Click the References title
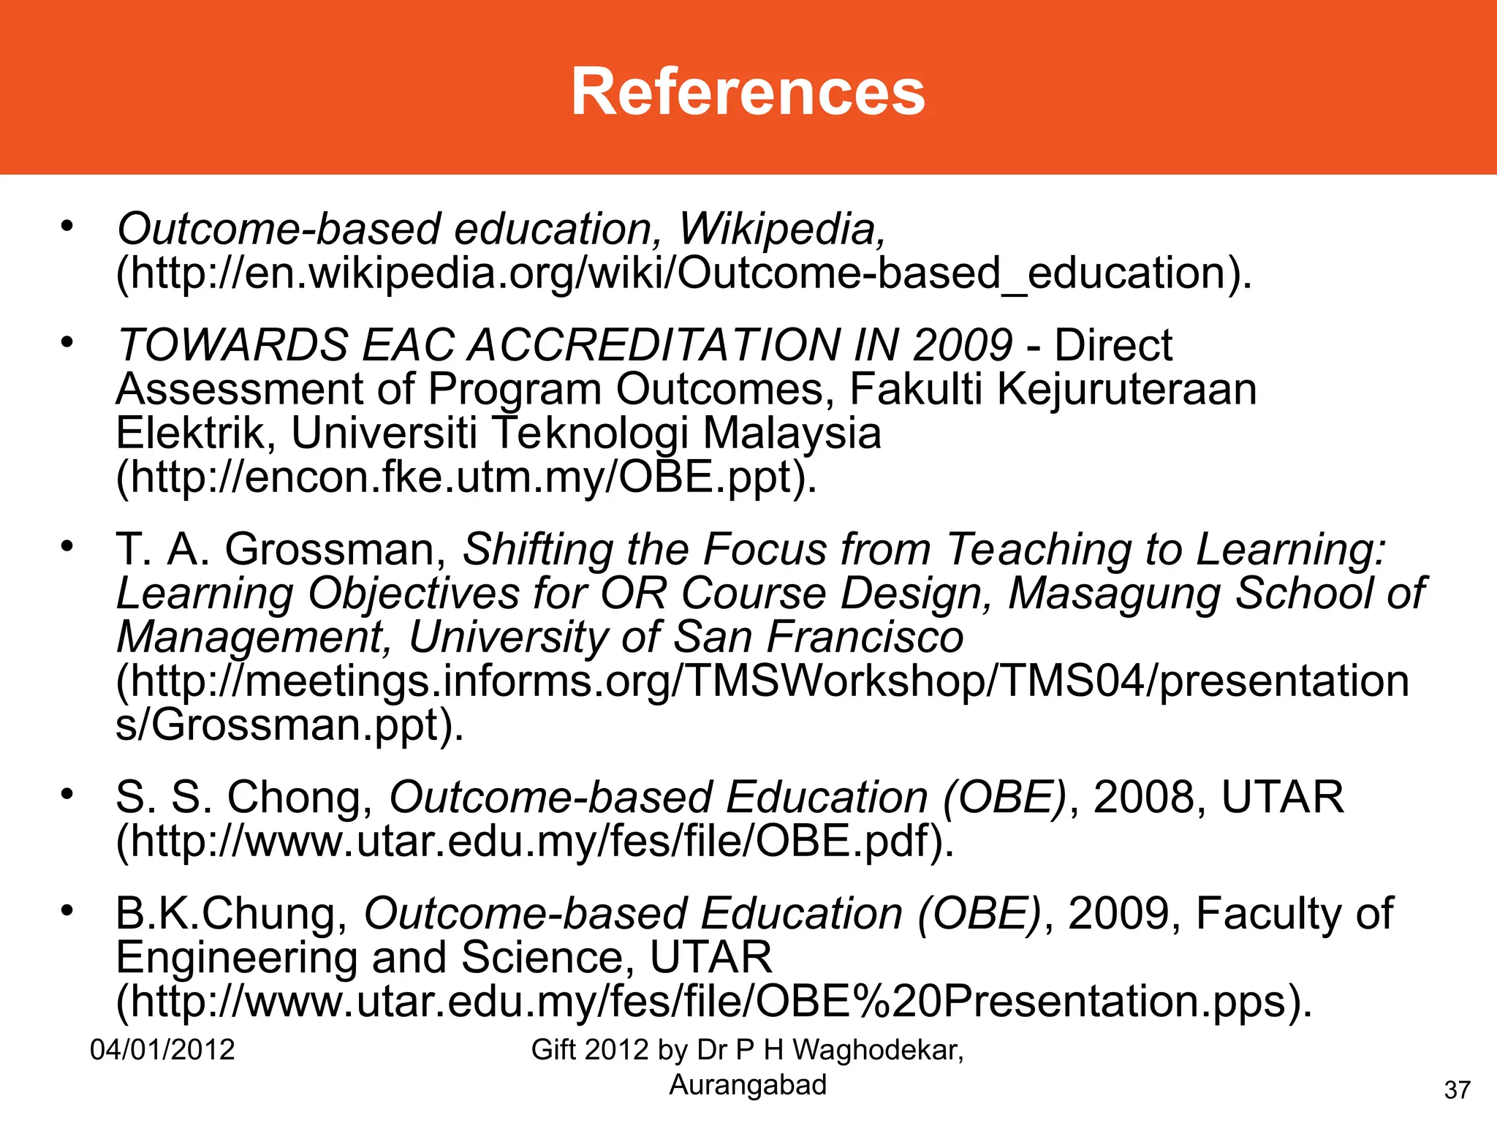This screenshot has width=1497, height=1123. click(x=748, y=91)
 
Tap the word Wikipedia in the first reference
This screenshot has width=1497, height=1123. click(x=781, y=230)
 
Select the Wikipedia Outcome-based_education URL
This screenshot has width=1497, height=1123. click(x=683, y=273)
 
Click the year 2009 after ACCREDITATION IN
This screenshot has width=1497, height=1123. click(x=962, y=345)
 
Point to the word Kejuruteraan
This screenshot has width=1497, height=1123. click(x=1126, y=389)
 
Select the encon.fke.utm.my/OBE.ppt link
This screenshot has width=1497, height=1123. click(x=466, y=477)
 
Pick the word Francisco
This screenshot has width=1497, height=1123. click(x=865, y=637)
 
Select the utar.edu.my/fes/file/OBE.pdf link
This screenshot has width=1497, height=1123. click(x=534, y=841)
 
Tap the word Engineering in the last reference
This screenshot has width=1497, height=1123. click(x=236, y=957)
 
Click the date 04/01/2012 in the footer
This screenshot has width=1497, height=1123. click(x=162, y=1050)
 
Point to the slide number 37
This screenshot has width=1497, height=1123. click(x=1457, y=1090)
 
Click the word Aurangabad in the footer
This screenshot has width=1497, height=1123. click(x=748, y=1085)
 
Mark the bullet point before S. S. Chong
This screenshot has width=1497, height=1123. click(x=68, y=794)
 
